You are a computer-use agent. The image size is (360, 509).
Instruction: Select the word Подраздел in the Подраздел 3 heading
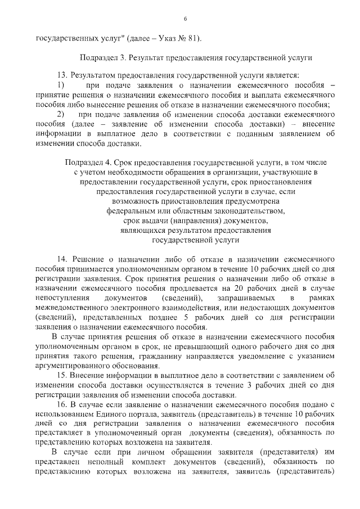click(x=100, y=57)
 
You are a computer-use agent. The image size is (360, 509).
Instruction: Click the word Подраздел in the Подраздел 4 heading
click(x=84, y=162)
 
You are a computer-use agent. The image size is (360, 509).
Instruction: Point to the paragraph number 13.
click(x=62, y=75)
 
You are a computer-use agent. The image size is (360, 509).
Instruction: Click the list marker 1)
click(x=61, y=84)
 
